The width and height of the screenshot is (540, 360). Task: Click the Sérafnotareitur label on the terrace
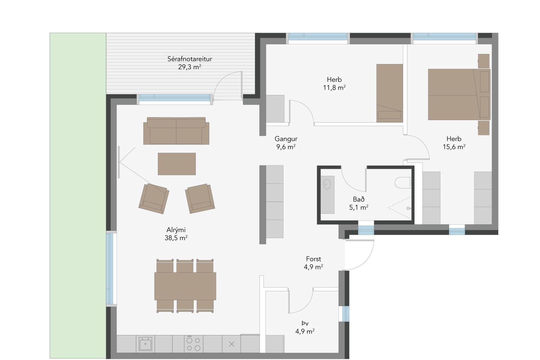tap(190, 59)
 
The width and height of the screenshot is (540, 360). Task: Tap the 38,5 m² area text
tap(176, 238)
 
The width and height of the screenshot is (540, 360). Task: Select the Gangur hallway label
tap(286, 139)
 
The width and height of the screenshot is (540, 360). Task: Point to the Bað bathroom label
tap(359, 199)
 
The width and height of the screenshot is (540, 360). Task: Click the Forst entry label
tap(313, 259)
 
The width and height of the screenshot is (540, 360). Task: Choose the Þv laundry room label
tap(305, 323)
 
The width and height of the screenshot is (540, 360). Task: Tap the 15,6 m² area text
tap(454, 147)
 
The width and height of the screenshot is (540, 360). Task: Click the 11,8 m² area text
tap(334, 87)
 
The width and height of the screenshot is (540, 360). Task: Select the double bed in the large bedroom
tap(459, 94)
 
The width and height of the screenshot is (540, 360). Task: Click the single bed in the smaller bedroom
tap(390, 93)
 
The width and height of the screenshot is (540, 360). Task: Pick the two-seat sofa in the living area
tap(176, 131)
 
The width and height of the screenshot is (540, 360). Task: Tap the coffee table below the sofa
tap(177, 164)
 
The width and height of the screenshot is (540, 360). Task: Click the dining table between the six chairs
tap(185, 286)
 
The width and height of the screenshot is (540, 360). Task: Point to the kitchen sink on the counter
tap(145, 344)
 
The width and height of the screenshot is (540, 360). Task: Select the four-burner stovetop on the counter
tap(193, 344)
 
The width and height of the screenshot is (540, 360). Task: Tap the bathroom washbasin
tap(327, 184)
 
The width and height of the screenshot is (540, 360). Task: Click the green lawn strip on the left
tap(78, 195)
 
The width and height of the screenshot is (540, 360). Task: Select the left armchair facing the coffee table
tap(154, 199)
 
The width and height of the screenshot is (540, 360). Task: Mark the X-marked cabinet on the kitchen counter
tap(231, 344)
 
